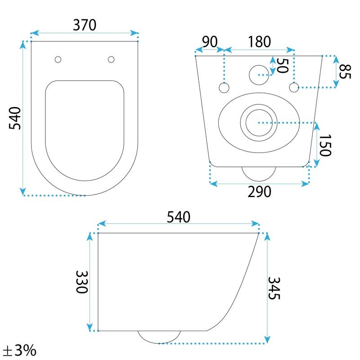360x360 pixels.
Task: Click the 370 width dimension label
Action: point(85,25)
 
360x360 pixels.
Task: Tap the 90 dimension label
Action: point(210,41)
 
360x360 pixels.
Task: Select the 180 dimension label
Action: point(260,42)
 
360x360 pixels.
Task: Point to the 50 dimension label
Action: point(283,66)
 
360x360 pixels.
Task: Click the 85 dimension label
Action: point(345,72)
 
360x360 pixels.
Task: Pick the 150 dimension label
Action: point(325,145)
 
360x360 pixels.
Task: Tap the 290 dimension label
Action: point(260,192)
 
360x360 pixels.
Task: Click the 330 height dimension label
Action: point(82,282)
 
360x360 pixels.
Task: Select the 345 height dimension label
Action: point(274,288)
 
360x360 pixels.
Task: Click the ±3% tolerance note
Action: point(20,350)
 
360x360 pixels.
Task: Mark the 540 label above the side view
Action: point(178,217)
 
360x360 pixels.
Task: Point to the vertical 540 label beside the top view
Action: point(15,118)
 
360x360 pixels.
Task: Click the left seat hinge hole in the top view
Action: point(58,59)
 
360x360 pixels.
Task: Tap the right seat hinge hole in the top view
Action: point(111,59)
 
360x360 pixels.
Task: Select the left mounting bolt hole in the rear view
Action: point(224,88)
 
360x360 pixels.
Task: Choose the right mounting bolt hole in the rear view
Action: point(294,87)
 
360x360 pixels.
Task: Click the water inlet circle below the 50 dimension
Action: point(259,75)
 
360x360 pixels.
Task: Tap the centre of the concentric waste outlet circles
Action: point(259,123)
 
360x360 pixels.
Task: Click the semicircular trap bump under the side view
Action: point(159,337)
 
